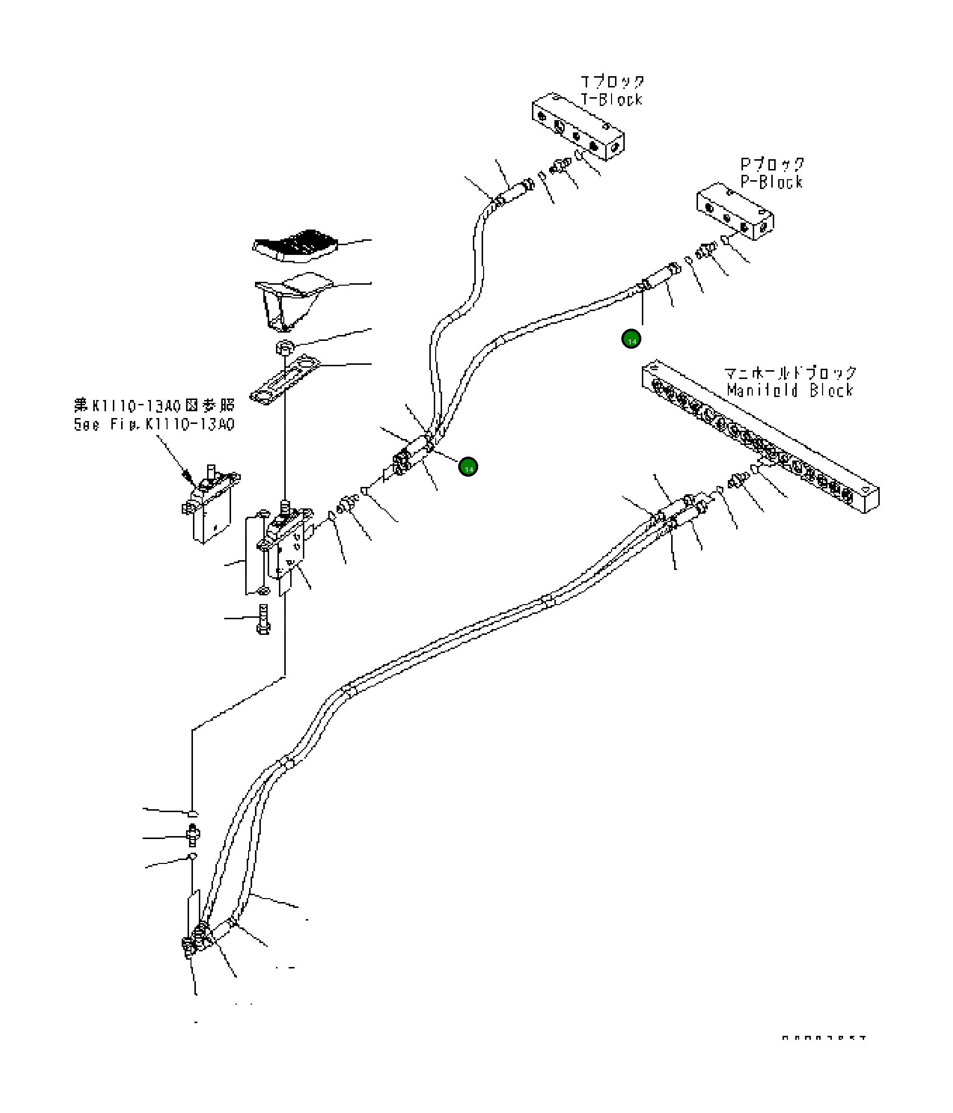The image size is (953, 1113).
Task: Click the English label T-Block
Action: [x=612, y=99]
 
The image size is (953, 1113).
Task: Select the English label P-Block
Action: [x=771, y=182]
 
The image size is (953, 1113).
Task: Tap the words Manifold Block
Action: [x=790, y=390]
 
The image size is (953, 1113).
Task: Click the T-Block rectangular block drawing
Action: [x=578, y=127]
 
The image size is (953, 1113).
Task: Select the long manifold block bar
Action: [x=760, y=437]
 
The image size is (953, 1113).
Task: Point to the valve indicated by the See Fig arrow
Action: [x=211, y=504]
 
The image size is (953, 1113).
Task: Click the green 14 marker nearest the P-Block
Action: [x=631, y=339]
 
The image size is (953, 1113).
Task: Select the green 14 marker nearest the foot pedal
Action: [x=468, y=467]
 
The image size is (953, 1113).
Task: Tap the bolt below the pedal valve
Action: [x=263, y=619]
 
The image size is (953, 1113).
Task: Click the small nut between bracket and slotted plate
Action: [x=285, y=347]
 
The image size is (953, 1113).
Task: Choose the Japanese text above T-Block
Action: [x=613, y=82]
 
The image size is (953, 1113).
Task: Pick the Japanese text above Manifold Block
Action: [x=790, y=372]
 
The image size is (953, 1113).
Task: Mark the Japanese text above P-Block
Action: [x=772, y=164]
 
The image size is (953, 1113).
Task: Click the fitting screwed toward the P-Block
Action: [x=705, y=250]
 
